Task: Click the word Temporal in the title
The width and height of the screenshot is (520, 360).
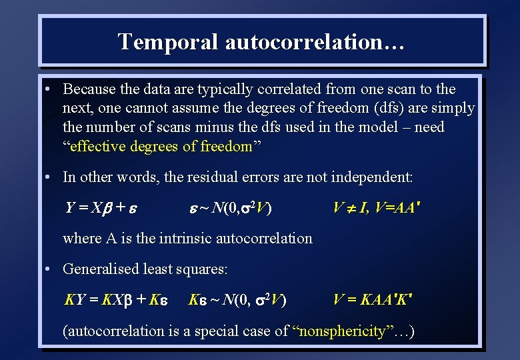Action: (x=168, y=41)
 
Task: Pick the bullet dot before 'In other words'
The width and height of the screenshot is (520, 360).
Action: (x=49, y=177)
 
